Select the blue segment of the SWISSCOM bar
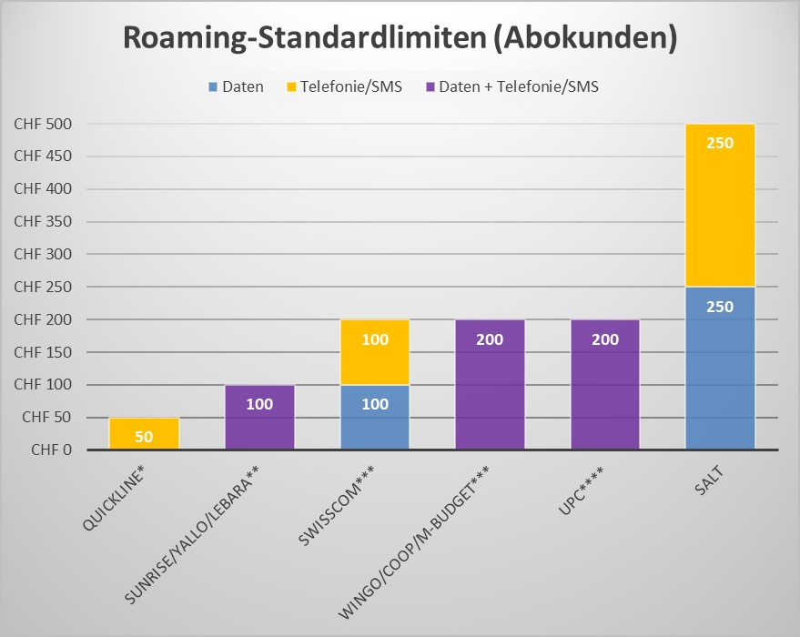tap(375, 419)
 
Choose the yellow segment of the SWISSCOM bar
tap(375, 353)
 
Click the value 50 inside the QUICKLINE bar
tap(144, 437)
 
